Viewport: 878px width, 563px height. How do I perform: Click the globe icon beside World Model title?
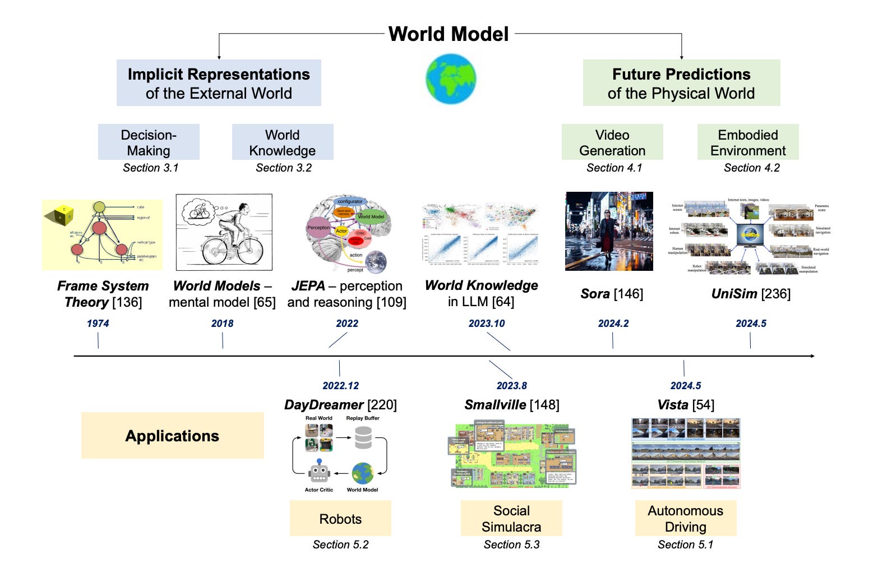pos(451,79)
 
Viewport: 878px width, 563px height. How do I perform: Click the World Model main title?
pos(449,34)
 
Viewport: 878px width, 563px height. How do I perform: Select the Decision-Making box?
pos(149,142)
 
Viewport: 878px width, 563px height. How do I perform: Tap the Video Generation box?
pos(612,142)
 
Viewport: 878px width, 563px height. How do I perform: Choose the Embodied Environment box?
pos(748,142)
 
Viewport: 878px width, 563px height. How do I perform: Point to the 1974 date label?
pos(98,324)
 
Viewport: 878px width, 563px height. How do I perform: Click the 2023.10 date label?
pos(487,324)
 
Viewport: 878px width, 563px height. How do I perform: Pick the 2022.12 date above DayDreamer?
pos(341,386)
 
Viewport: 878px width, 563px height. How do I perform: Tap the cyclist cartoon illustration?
pos(224,232)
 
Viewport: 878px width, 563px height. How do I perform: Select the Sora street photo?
pos(609,232)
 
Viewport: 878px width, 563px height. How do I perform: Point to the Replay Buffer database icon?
pos(363,438)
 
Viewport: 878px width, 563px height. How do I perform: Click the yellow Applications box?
pos(173,436)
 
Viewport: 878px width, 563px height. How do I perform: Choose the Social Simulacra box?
pos(511,519)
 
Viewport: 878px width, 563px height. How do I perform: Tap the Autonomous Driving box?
pos(686,519)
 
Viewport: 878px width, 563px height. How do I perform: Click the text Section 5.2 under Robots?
pos(341,544)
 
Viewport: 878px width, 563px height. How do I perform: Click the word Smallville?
pos(495,405)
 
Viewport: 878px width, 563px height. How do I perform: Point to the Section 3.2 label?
pos(284,168)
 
